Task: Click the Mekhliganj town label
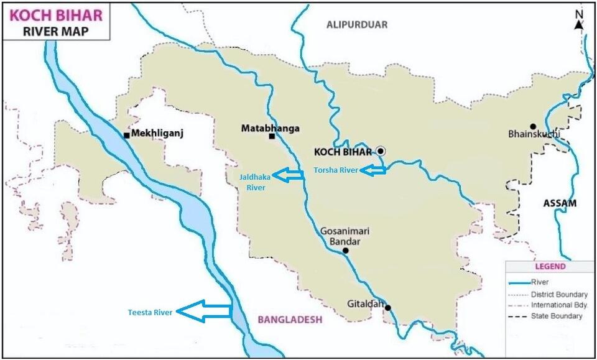pyautogui.click(x=158, y=134)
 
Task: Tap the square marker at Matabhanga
pyautogui.click(x=272, y=136)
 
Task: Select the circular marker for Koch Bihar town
pyautogui.click(x=381, y=151)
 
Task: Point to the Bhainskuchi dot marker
pyautogui.click(x=532, y=126)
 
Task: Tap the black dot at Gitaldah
pyautogui.click(x=387, y=308)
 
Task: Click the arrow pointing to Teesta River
pyautogui.click(x=205, y=311)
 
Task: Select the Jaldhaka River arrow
pyautogui.click(x=289, y=176)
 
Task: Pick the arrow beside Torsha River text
pyautogui.click(x=375, y=170)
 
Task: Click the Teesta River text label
pyautogui.click(x=150, y=312)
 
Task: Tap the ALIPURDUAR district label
pyautogui.click(x=357, y=25)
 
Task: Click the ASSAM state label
pyautogui.click(x=560, y=203)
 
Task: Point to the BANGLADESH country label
pyautogui.click(x=290, y=320)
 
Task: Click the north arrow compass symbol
pyautogui.click(x=579, y=21)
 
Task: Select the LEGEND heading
pyautogui.click(x=547, y=267)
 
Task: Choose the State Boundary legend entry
pyautogui.click(x=557, y=316)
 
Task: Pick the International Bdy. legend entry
pyautogui.click(x=558, y=305)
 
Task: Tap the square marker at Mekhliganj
pyautogui.click(x=126, y=135)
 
